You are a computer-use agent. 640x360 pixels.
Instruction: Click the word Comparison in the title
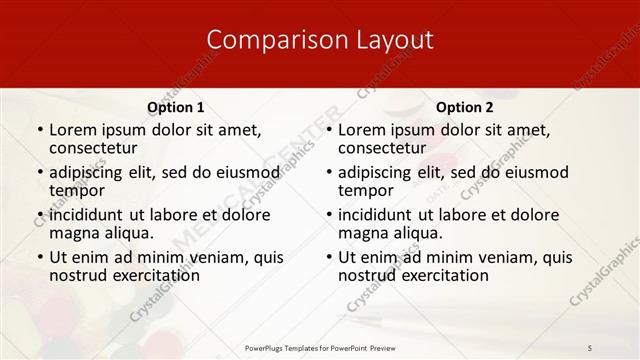pyautogui.click(x=266, y=40)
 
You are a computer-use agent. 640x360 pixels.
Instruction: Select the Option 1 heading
pyautogui.click(x=176, y=107)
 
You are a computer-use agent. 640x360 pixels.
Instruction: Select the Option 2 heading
pyautogui.click(x=465, y=107)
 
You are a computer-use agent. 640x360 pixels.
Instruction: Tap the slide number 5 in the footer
pyautogui.click(x=590, y=347)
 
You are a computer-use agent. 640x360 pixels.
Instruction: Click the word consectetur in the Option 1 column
pyautogui.click(x=96, y=148)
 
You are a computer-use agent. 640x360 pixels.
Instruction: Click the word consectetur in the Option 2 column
pyautogui.click(x=385, y=148)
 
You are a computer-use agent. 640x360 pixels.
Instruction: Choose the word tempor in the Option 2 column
pyautogui.click(x=366, y=190)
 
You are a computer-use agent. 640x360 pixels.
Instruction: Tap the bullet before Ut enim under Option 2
pyautogui.click(x=329, y=257)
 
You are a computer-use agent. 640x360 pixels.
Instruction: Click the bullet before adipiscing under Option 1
pyautogui.click(x=40, y=172)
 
